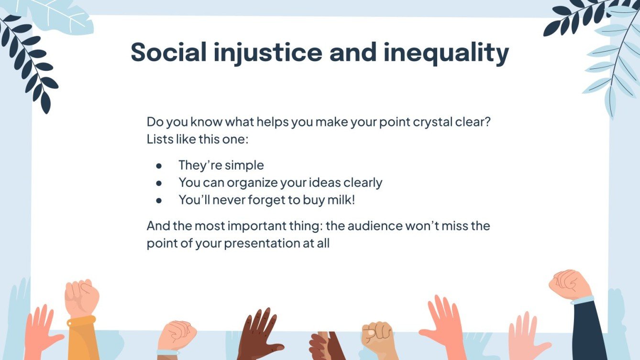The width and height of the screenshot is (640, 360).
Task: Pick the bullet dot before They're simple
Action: point(159,165)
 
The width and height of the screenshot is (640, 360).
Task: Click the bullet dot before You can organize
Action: point(159,183)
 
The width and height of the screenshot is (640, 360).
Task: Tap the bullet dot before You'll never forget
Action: point(159,200)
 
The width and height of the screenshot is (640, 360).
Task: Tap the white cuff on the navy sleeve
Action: point(582,300)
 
